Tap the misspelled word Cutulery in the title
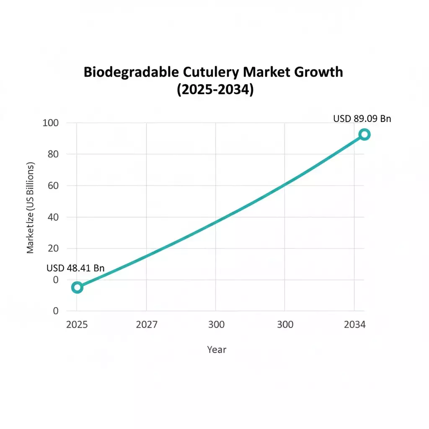pyautogui.click(x=212, y=72)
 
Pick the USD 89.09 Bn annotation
pyautogui.click(x=362, y=119)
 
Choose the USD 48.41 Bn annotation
pyautogui.click(x=75, y=269)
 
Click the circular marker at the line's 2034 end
pyautogui.click(x=364, y=134)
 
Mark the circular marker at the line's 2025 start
pyautogui.click(x=77, y=287)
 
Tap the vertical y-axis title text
pyautogui.click(x=30, y=208)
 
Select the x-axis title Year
pyautogui.click(x=217, y=349)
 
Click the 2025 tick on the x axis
pyautogui.click(x=77, y=325)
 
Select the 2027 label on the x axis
pyautogui.click(x=147, y=325)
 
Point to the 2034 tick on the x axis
pyautogui.click(x=354, y=325)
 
